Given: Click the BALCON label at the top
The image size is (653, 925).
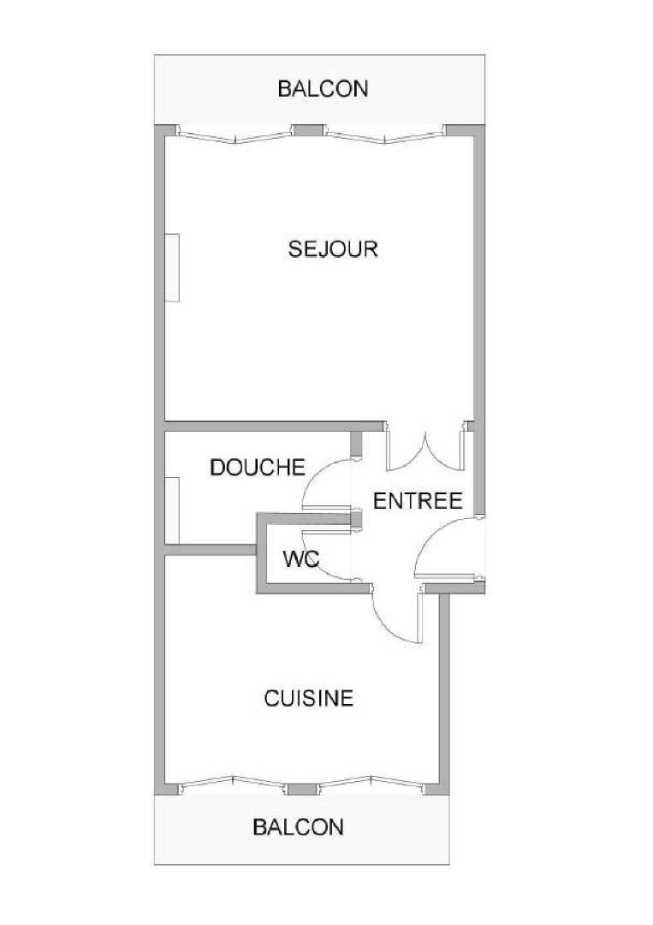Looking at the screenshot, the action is (x=323, y=88).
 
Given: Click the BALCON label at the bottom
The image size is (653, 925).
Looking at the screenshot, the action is (x=298, y=827).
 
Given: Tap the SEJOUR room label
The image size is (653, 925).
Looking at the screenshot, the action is (x=333, y=248).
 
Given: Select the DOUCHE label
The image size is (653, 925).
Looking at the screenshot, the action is (x=258, y=468).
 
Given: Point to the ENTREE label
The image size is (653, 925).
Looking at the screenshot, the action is (x=418, y=501).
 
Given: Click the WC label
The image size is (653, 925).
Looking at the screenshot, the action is (x=301, y=558).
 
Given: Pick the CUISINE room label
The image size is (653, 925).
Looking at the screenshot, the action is (x=309, y=699).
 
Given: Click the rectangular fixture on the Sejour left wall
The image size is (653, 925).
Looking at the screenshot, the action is (x=172, y=268).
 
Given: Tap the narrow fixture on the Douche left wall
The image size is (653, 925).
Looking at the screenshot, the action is (x=172, y=510).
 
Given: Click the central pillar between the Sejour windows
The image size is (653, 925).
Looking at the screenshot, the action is (x=309, y=130).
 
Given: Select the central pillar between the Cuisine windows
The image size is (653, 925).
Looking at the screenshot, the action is (x=303, y=790).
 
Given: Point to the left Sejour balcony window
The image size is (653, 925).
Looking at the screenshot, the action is (x=236, y=136).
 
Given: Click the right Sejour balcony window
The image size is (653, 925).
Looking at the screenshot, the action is (x=384, y=136).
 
